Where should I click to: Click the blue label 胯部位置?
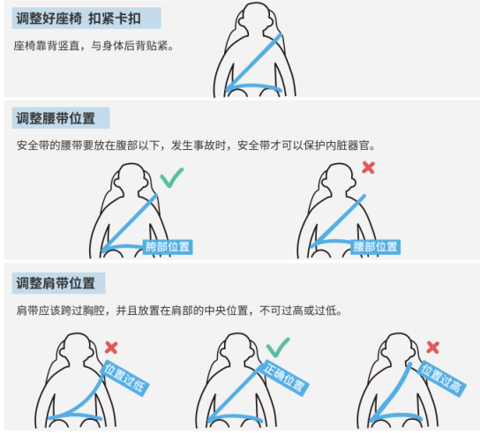pos(168,247)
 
